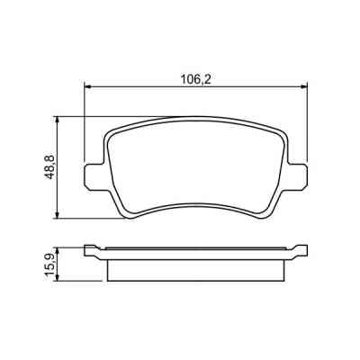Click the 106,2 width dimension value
pyautogui.click(x=196, y=78)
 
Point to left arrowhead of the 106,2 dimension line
pyautogui.click(x=88, y=87)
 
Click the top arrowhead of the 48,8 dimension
pyautogui.click(x=59, y=119)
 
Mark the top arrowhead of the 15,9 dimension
pyautogui.click(x=59, y=248)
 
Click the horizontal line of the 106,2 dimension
pyautogui.click(x=144, y=87)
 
